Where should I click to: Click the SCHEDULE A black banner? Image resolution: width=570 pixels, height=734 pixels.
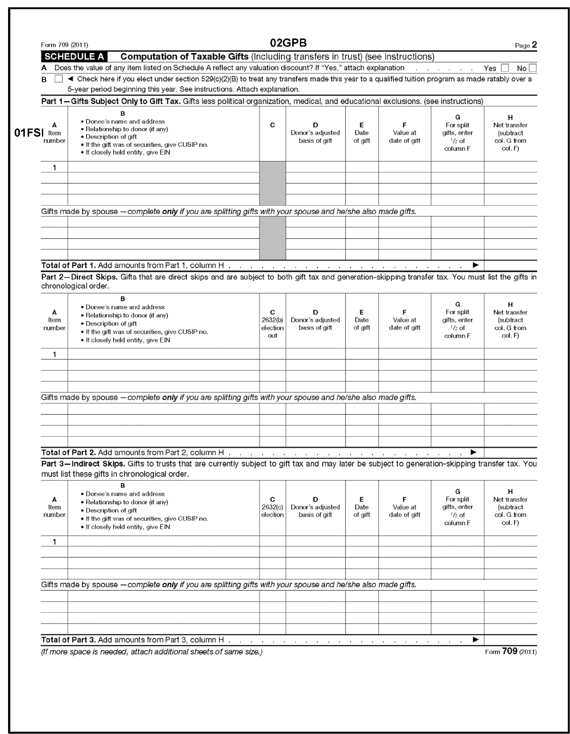[x=74, y=57]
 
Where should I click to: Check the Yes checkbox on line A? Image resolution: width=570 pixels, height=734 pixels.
[x=504, y=68]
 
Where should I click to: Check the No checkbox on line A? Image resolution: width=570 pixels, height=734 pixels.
[x=532, y=68]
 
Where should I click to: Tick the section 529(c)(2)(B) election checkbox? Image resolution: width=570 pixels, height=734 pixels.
[x=58, y=79]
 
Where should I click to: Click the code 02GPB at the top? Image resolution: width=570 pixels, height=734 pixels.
[x=288, y=43]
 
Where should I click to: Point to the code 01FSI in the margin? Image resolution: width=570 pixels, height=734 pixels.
[x=29, y=133]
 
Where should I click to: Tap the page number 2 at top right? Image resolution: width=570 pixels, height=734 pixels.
[x=534, y=45]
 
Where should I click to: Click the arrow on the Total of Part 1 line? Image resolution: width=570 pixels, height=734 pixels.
[x=476, y=265]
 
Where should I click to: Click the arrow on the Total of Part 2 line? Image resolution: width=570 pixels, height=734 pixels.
[x=473, y=452]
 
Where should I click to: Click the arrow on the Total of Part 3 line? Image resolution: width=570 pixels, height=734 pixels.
[x=476, y=639]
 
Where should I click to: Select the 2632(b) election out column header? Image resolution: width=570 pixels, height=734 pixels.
[x=272, y=324]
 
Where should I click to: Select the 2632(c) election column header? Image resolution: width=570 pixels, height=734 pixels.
[x=272, y=507]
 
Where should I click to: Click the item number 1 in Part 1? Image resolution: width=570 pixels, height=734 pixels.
[x=54, y=167]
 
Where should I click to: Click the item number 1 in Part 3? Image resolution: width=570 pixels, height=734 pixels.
[x=54, y=541]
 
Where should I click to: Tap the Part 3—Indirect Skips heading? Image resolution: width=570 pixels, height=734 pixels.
[x=83, y=464]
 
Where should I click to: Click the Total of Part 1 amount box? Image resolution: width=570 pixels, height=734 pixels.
[x=510, y=265]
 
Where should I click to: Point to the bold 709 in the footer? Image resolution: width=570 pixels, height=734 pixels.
[x=509, y=651]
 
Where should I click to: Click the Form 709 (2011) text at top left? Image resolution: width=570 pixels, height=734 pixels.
[x=65, y=45]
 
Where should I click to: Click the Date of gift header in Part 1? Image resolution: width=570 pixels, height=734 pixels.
[x=362, y=133]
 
